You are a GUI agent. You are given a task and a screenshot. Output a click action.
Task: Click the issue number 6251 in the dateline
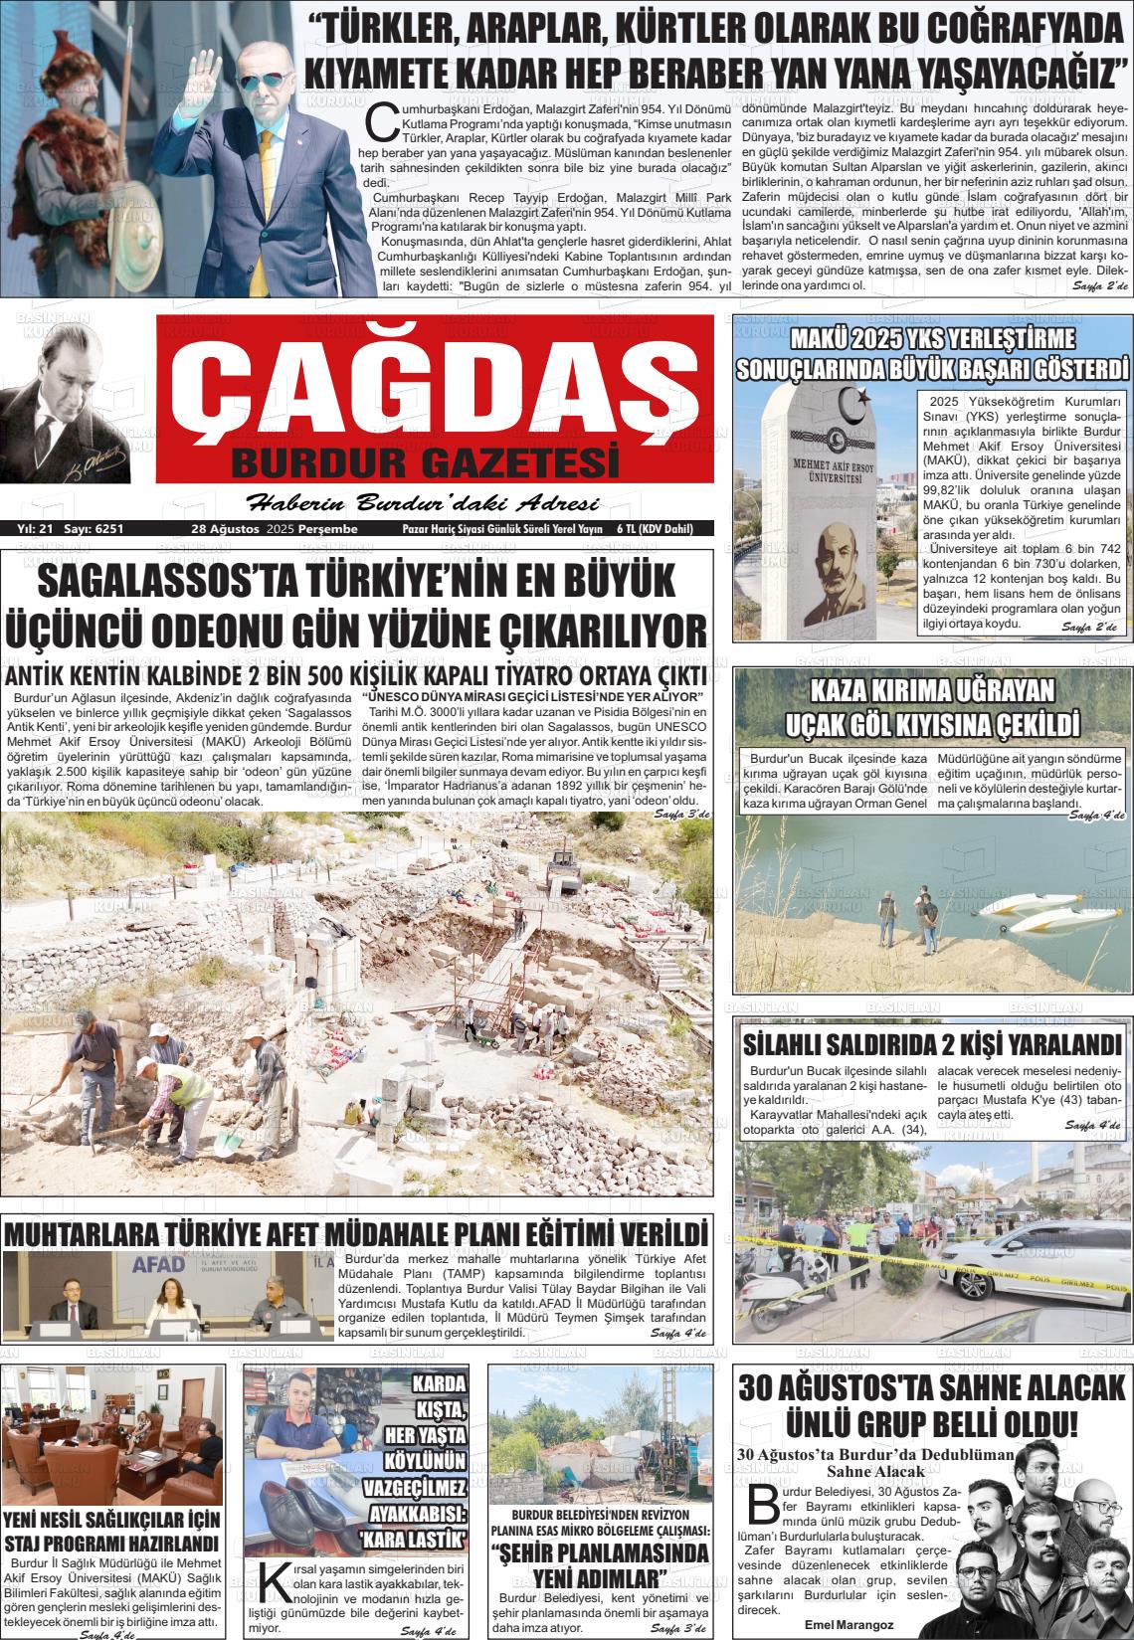[x=103, y=529]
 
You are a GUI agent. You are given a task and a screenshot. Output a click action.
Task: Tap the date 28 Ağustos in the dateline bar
[x=226, y=529]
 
